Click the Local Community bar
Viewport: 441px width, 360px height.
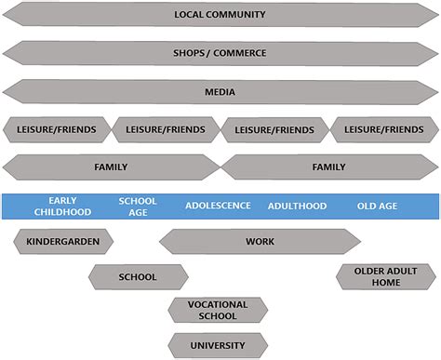220,15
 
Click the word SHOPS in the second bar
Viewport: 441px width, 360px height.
192,53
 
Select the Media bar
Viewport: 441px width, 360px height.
220,91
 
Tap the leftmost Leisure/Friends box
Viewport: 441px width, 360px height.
57,129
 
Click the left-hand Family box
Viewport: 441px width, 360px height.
112,167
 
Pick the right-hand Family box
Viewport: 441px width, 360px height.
328,167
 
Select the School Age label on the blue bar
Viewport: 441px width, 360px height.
138,206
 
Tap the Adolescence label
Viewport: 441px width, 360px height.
218,206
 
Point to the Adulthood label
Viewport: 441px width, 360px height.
297,206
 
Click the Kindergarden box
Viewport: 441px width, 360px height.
63,242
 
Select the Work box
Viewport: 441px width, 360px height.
260,242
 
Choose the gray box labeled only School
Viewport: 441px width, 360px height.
138,276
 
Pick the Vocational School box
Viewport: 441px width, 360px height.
218,310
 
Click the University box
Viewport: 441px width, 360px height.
218,345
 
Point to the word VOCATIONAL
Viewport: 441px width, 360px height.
218,304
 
